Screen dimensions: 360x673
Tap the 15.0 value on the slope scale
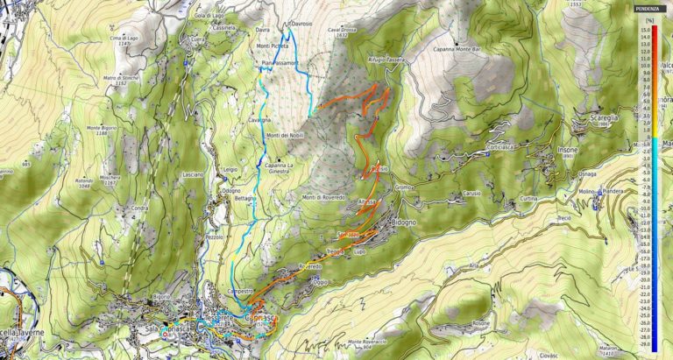coord(645,29)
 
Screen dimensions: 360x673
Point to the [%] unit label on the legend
coord(649,18)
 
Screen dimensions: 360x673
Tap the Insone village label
coord(567,150)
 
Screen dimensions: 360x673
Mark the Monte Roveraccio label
coord(367,341)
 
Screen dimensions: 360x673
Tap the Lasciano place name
coord(193,174)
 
